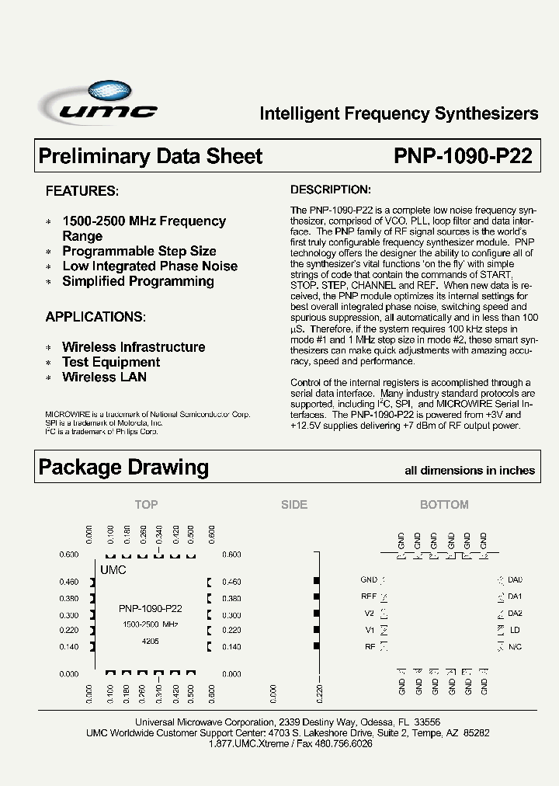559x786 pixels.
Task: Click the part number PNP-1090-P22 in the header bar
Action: tap(463, 156)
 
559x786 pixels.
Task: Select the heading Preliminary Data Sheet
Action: tap(151, 156)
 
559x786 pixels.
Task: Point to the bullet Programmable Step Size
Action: tap(139, 251)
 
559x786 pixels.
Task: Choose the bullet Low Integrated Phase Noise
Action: tap(150, 266)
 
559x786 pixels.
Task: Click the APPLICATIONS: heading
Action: tap(95, 317)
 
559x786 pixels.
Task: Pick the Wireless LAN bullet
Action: tap(104, 377)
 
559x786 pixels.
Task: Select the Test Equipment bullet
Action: tap(111, 362)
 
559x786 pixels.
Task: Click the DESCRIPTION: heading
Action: tap(330, 190)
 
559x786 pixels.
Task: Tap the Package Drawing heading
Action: tap(123, 467)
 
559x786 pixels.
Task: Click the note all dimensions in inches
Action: tap(470, 470)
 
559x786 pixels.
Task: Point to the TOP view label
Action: tap(146, 504)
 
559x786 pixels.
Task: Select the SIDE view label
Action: tap(294, 504)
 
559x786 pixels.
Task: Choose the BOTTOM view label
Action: tap(444, 504)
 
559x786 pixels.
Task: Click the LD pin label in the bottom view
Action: tap(515, 629)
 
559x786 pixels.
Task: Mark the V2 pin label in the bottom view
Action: tap(370, 613)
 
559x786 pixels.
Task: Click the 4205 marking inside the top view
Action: tap(151, 642)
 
